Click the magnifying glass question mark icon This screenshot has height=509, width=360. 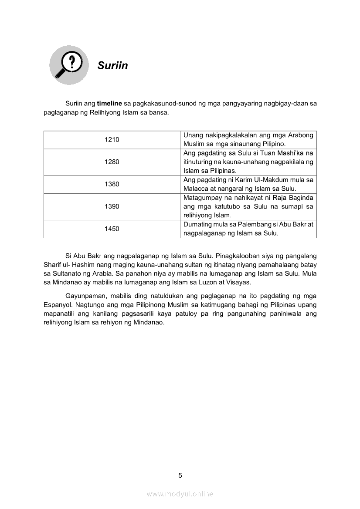(x=69, y=65)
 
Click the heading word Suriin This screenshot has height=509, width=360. (x=112, y=66)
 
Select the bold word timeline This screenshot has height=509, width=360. (x=109, y=104)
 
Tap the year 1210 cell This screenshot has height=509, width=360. (x=112, y=140)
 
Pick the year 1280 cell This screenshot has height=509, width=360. (x=112, y=162)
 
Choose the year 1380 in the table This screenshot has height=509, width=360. (x=112, y=184)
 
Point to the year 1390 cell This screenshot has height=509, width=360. (x=112, y=206)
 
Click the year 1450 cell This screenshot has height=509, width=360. (x=112, y=229)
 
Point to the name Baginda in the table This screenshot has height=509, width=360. (x=299, y=198)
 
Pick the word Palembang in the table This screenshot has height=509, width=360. (x=251, y=224)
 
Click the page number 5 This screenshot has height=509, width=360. (x=180, y=475)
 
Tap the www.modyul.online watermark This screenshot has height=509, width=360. (x=180, y=494)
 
